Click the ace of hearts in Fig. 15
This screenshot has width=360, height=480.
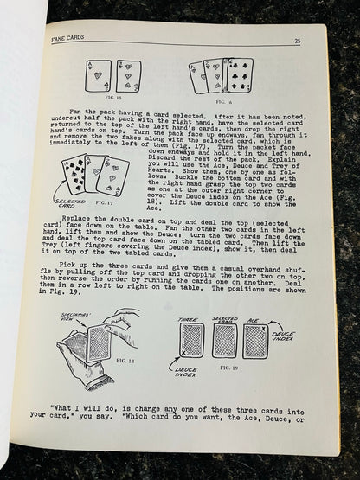(x=98, y=77)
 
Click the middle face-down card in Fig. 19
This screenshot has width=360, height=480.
(x=224, y=340)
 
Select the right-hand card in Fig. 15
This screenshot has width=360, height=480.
(x=128, y=77)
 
